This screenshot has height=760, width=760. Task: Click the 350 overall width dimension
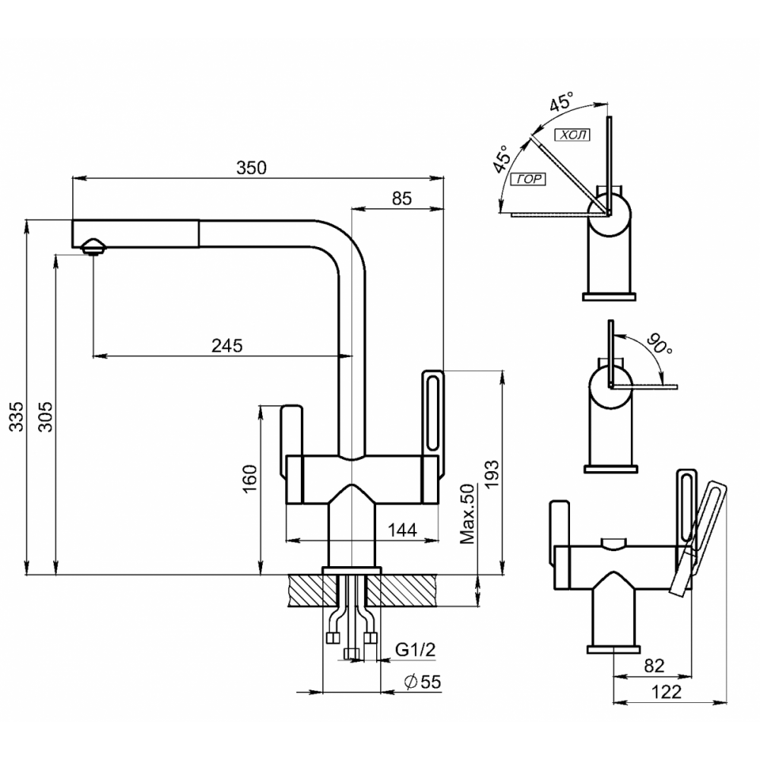tap(251, 169)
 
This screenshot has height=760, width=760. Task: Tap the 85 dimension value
tap(402, 198)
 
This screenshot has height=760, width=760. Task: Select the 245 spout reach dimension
tap(226, 346)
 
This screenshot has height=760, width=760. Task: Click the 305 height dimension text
tap(45, 416)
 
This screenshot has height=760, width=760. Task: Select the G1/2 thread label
tap(415, 650)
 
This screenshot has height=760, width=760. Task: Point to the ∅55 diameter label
tap(423, 682)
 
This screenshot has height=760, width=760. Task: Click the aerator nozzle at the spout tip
tap(93, 246)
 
